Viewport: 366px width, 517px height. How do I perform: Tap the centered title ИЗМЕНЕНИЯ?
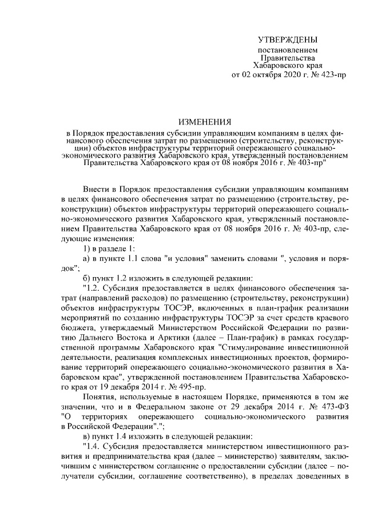(205, 122)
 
